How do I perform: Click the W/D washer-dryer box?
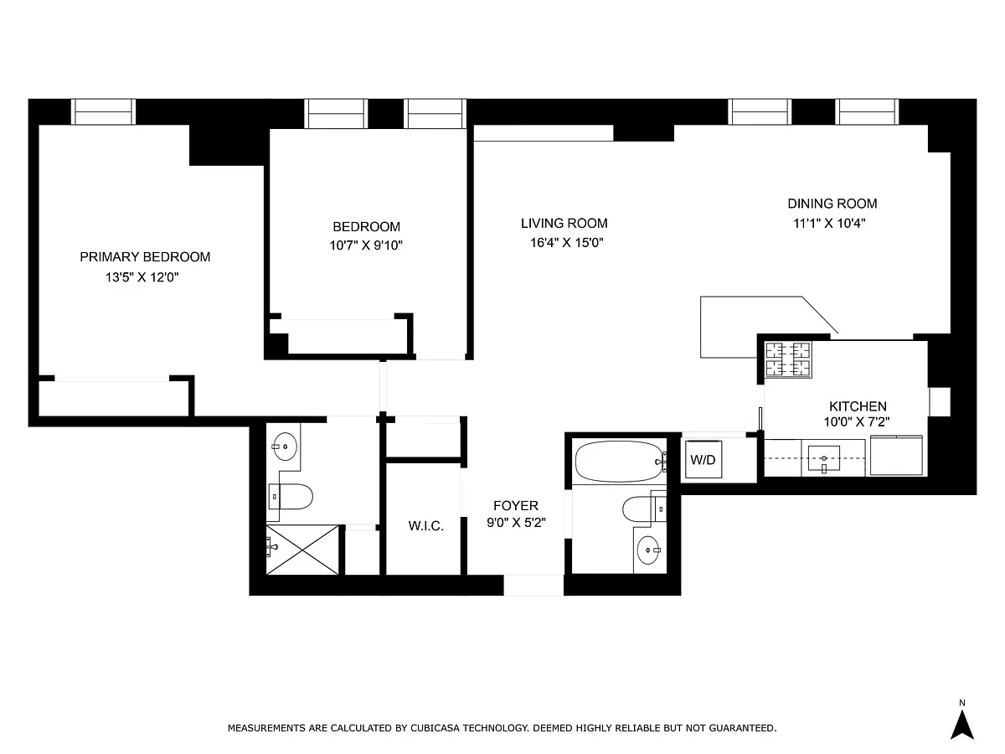click(x=703, y=459)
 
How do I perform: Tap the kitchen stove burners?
click(x=788, y=359)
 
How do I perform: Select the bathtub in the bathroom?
click(x=620, y=462)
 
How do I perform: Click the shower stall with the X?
click(x=302, y=550)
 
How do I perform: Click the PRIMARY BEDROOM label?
click(x=145, y=257)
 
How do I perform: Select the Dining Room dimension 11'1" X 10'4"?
click(x=829, y=224)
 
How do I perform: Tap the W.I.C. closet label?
click(x=425, y=526)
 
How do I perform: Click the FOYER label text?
click(x=516, y=505)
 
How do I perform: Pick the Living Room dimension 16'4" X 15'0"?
click(x=567, y=243)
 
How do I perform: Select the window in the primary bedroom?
click(x=104, y=111)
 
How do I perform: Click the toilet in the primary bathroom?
click(x=291, y=497)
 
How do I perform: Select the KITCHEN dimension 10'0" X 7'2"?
click(x=857, y=421)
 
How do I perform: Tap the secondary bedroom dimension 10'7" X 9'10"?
click(x=366, y=245)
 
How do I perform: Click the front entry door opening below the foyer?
click(x=533, y=585)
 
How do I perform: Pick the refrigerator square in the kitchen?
click(x=896, y=456)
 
